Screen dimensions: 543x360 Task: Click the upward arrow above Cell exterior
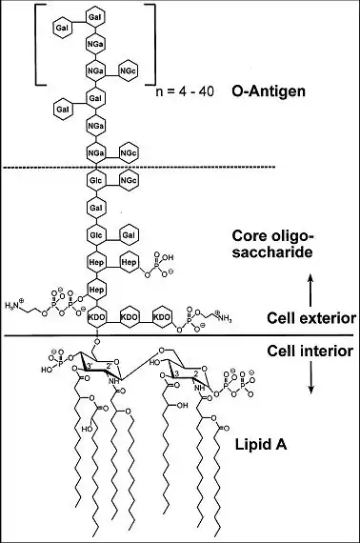point(307,281)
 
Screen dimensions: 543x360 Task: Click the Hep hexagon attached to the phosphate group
point(129,261)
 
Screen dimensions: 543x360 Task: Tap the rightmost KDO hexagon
point(163,315)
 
